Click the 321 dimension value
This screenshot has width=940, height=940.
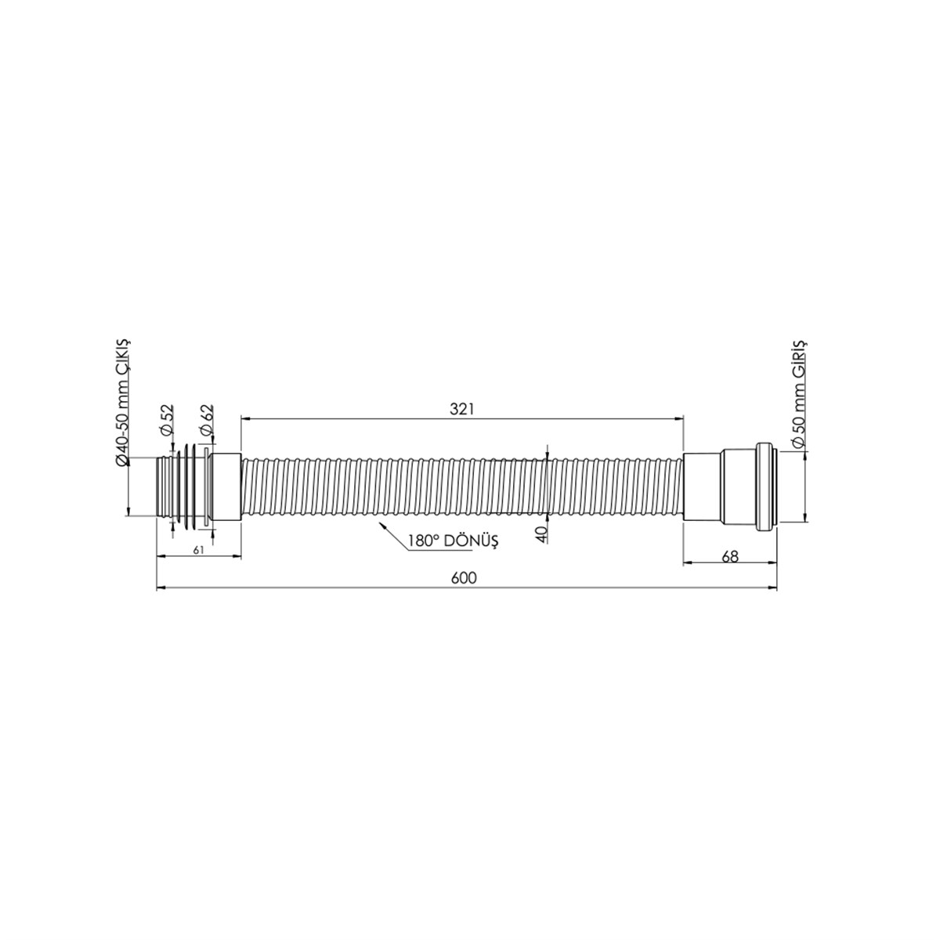461,409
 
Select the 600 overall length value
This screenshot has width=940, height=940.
464,578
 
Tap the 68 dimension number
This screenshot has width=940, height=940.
730,557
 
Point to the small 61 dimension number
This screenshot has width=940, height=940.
198,550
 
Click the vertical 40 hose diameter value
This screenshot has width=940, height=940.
542,534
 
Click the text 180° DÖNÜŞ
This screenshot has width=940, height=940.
454,540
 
